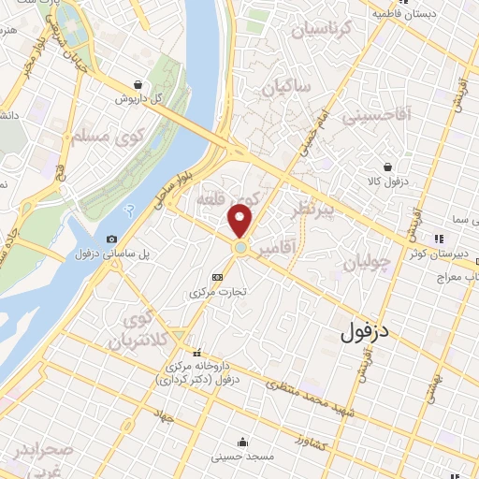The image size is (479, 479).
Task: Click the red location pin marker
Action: click(240, 220)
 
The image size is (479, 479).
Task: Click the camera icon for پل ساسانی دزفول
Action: click(112, 239)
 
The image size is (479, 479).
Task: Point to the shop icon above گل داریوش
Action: click(139, 83)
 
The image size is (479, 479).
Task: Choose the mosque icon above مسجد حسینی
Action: click(244, 443)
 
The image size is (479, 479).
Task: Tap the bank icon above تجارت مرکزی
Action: click(218, 277)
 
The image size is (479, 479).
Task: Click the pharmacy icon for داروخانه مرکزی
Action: click(196, 354)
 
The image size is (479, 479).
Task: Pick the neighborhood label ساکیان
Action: click(284, 91)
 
